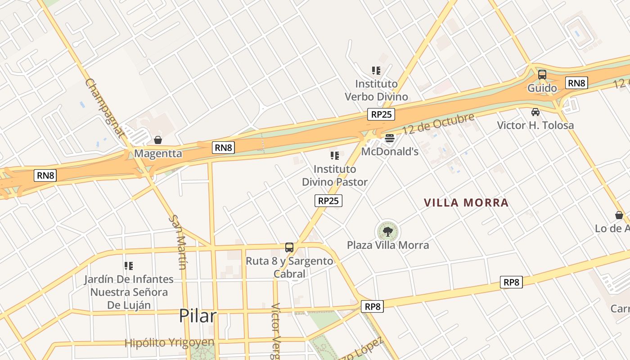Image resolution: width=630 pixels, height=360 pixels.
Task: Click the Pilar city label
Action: tap(198, 316)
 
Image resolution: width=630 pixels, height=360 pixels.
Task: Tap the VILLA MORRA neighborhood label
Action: tap(466, 202)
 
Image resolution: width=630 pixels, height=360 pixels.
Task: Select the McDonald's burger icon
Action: tap(390, 138)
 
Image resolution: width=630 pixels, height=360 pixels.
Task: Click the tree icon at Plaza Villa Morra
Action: tap(387, 232)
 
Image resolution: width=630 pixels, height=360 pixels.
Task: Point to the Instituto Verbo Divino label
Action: tap(376, 90)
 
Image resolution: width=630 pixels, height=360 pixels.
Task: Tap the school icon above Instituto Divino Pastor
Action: tap(334, 156)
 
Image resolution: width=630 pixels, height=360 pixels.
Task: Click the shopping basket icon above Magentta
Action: tap(158, 140)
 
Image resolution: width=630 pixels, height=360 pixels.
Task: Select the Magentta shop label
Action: tap(158, 153)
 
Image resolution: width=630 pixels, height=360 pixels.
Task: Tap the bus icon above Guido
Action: tap(542, 75)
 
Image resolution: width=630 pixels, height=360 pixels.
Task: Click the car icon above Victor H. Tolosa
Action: tap(535, 112)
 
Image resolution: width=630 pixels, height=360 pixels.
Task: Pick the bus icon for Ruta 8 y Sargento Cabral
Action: tap(289, 247)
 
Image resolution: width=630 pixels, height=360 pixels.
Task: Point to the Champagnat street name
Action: tap(104, 108)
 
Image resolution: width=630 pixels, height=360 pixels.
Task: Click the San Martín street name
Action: tap(177, 242)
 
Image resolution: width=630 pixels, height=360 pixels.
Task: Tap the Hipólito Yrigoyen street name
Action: tap(169, 343)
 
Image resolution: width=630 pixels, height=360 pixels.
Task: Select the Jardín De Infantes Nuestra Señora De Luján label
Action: tap(129, 292)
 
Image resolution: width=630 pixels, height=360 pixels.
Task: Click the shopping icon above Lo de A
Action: tap(619, 215)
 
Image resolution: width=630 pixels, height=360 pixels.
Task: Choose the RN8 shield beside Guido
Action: tap(576, 83)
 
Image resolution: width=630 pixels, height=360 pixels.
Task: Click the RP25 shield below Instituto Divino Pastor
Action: tap(328, 201)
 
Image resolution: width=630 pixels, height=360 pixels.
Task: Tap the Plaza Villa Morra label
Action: tap(387, 245)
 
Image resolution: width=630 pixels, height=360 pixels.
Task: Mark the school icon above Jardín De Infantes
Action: tap(129, 266)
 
